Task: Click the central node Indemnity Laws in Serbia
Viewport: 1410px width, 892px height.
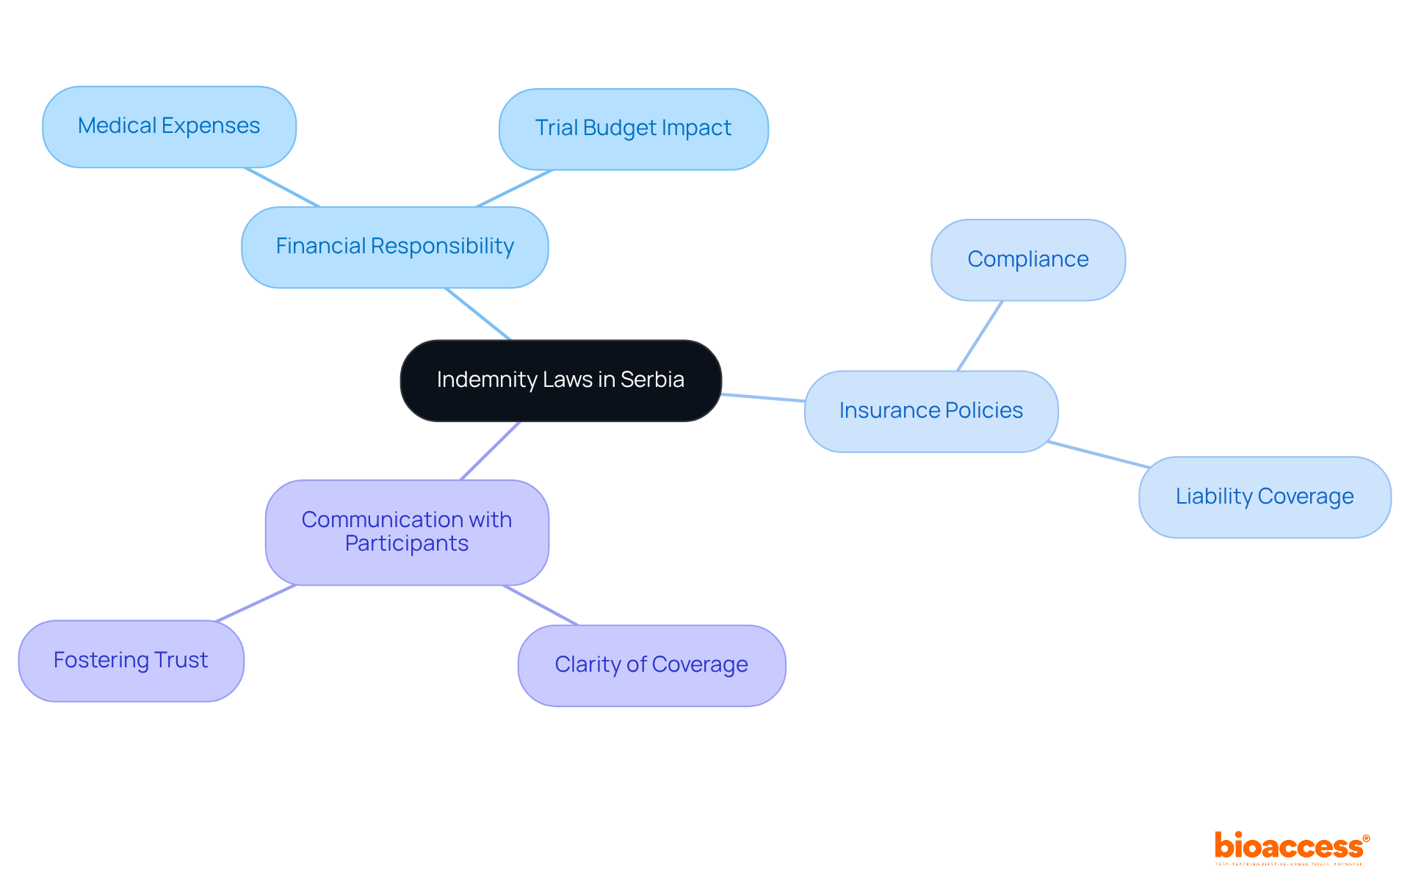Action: tap(560, 380)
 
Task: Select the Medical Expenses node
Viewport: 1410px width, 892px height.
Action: tap(169, 126)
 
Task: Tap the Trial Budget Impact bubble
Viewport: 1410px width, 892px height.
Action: tap(633, 128)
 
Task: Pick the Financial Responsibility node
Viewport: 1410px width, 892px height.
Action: tap(394, 247)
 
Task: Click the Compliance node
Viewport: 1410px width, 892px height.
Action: tap(1027, 259)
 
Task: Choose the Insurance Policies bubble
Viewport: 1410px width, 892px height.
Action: tap(930, 410)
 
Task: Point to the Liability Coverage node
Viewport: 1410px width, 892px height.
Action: tap(1264, 497)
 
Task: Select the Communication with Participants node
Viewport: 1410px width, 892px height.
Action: tap(407, 532)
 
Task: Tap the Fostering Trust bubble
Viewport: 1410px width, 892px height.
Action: tap(131, 660)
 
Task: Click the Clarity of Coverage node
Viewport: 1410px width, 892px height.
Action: tap(651, 665)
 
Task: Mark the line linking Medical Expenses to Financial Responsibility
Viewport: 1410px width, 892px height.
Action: tap(282, 187)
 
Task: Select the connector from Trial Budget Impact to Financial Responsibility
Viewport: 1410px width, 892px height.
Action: tap(514, 188)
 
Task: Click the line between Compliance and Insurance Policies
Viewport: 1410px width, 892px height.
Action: tap(980, 336)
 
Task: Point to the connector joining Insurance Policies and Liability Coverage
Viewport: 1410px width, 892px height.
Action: tap(1098, 454)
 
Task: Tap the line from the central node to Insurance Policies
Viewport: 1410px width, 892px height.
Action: tap(762, 397)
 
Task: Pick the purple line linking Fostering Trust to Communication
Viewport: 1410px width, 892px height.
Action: tap(256, 603)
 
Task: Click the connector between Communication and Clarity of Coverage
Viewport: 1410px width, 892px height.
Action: tap(540, 605)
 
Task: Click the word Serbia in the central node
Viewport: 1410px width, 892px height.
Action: tap(652, 380)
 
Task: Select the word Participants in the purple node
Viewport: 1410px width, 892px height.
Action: tap(407, 544)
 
